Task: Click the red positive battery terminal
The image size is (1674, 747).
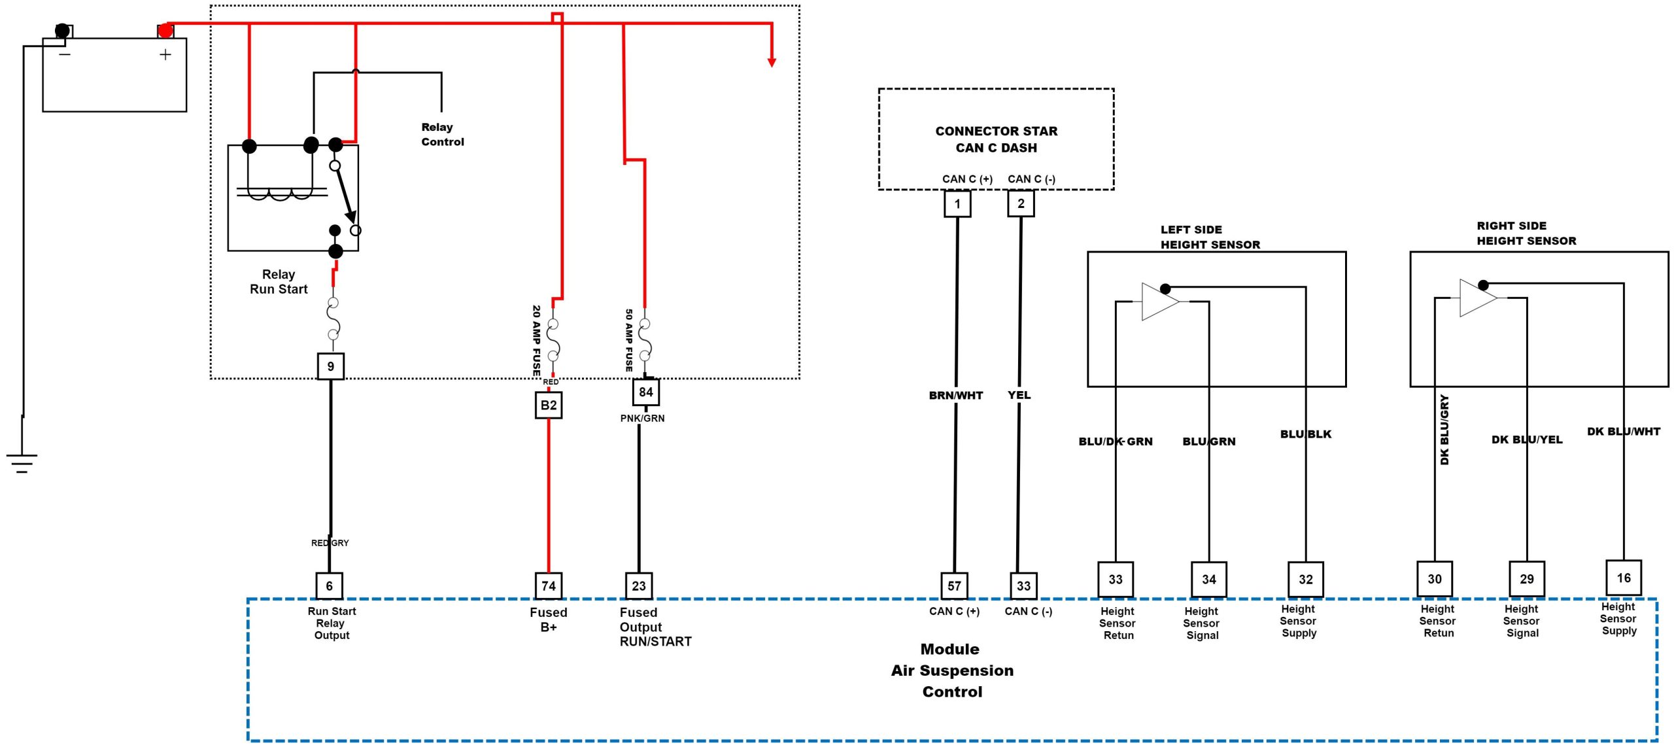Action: coord(165,30)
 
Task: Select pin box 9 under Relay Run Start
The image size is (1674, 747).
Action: coord(330,366)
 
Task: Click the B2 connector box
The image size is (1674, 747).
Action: coord(548,405)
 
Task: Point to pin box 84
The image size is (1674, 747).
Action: coord(645,392)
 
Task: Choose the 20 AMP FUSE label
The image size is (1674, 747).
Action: coord(536,340)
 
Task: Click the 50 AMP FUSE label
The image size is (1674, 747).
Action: coord(628,340)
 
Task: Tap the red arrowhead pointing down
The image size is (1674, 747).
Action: coord(772,62)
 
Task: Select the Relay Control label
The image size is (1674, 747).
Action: coord(442,134)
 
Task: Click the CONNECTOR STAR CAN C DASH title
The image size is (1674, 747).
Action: coord(996,139)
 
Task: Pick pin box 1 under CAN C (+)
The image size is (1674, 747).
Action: coord(957,203)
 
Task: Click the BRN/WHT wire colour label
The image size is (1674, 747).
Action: coord(955,395)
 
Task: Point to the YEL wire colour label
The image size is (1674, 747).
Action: coord(1019,395)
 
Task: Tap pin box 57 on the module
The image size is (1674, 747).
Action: coord(954,586)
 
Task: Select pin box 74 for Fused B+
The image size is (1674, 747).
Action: coord(548,586)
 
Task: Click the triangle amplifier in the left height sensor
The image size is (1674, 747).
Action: coord(1159,302)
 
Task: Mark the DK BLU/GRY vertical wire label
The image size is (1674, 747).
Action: coord(1444,430)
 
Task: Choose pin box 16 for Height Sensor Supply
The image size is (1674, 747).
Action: coord(1623,578)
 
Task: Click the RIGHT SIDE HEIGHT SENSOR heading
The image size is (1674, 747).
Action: coord(1526,234)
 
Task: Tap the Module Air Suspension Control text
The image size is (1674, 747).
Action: coord(952,670)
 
